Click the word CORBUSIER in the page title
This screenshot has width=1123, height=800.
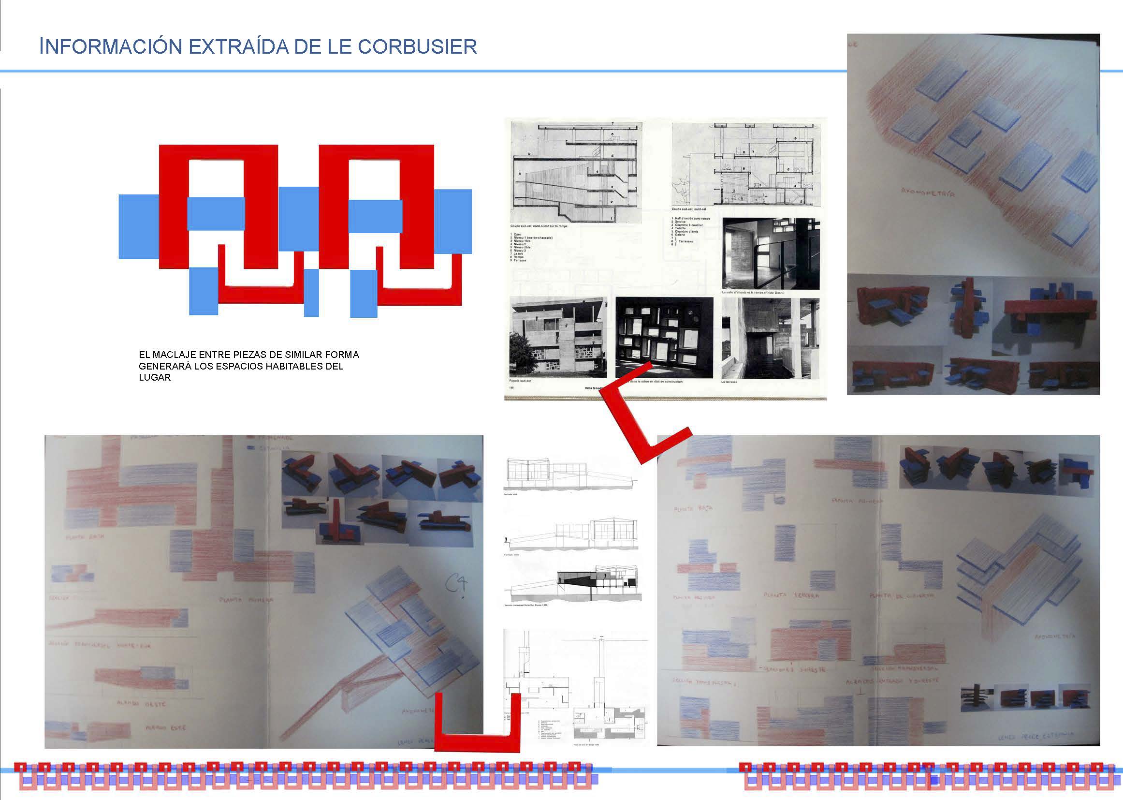click(418, 46)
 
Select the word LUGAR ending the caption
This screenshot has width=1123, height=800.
click(155, 377)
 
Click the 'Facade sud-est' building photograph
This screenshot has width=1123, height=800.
click(558, 338)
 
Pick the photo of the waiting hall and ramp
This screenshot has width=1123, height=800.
click(771, 254)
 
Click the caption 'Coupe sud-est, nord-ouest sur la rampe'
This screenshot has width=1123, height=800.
click(539, 226)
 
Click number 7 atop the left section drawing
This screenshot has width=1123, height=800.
click(613, 123)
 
